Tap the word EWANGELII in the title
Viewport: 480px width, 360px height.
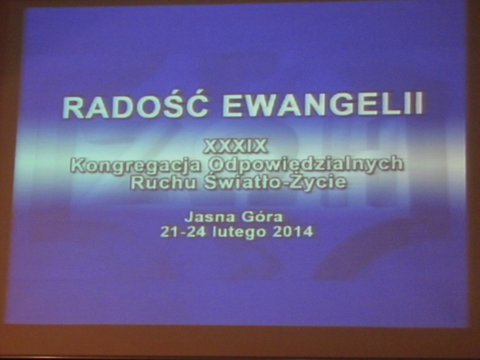(x=323, y=104)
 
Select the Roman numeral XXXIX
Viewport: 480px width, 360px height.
(x=235, y=146)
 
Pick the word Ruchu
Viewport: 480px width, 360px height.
(x=163, y=182)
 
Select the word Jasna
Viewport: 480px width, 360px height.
(x=210, y=217)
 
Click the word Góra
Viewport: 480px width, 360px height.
(x=262, y=217)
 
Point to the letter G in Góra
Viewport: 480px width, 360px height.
(x=247, y=217)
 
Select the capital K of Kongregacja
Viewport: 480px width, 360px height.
(x=78, y=165)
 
